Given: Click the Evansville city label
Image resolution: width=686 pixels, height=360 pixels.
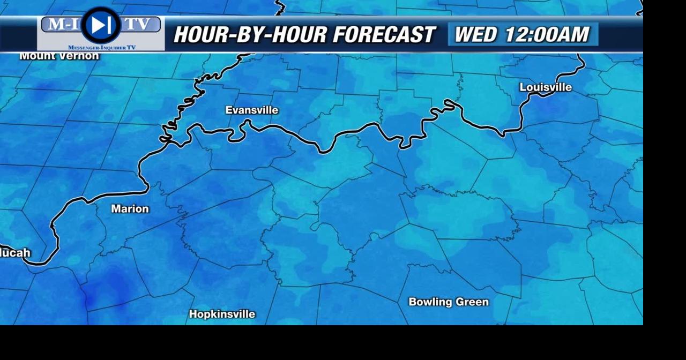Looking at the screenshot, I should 251,110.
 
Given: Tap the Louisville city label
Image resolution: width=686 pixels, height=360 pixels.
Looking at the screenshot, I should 546,87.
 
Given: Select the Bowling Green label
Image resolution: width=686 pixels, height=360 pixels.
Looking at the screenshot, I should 449,302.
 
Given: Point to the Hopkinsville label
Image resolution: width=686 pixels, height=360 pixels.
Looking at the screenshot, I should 222,314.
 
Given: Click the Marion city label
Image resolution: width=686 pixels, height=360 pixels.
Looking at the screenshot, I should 130,209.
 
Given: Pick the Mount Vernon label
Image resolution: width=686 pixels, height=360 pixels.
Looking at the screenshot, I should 59,56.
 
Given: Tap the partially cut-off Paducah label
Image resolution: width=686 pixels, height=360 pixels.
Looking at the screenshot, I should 15,253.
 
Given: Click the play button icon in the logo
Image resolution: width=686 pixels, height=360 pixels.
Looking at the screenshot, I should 100,25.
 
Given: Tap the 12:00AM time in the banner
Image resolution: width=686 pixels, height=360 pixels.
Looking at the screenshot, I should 547,35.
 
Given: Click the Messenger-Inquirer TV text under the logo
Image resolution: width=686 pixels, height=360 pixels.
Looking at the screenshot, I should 101,48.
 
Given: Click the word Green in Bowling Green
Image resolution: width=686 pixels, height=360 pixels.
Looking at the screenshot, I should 472,302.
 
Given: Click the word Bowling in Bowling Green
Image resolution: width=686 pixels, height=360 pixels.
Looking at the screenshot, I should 430,302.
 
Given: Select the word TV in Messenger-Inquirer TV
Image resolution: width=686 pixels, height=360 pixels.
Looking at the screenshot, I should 130,48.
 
